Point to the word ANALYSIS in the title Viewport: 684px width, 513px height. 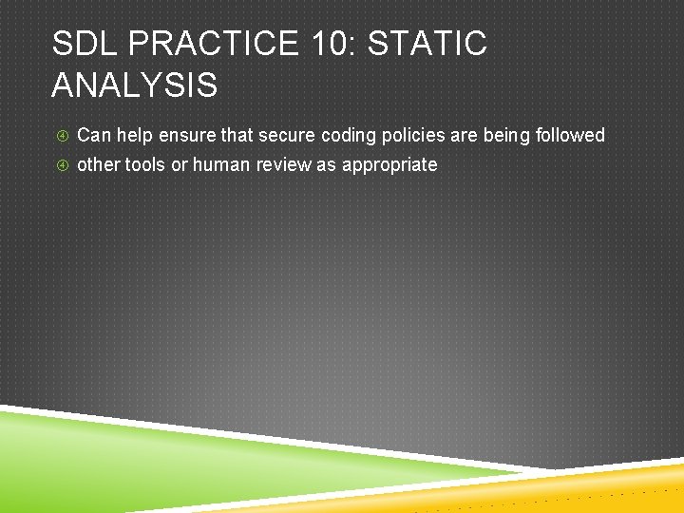[x=134, y=85]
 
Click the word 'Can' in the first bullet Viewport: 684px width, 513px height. [x=93, y=135]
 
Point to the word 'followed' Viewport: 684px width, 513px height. [x=570, y=135]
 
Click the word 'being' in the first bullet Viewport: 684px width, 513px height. [x=506, y=135]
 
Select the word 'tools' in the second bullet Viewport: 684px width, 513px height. [x=146, y=164]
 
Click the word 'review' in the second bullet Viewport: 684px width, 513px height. [x=284, y=164]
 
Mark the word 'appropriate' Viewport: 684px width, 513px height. [x=389, y=165]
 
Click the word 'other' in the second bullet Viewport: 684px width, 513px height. [x=99, y=164]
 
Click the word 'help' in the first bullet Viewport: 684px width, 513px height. [x=134, y=135]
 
